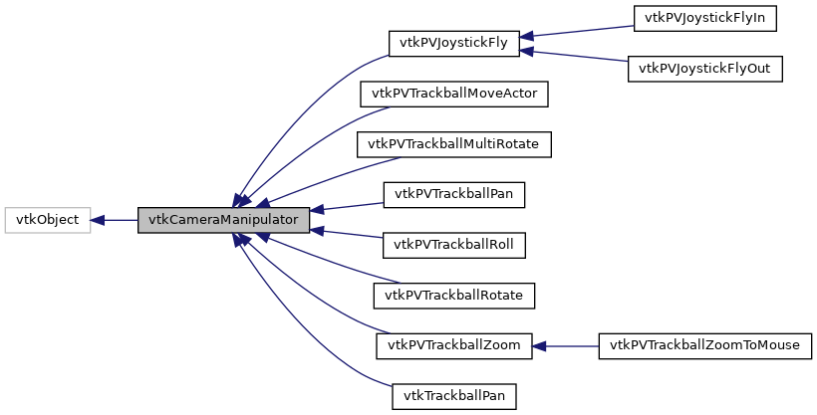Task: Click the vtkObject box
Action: [x=48, y=220]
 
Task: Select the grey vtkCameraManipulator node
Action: [x=223, y=220]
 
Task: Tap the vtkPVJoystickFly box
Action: [x=454, y=44]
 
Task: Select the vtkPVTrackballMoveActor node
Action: [x=454, y=94]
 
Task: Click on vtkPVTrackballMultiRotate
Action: [x=454, y=144]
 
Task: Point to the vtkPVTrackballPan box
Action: [x=454, y=194]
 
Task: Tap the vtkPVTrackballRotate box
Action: [x=454, y=296]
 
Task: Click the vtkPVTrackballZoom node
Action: [x=454, y=345]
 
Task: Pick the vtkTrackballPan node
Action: [x=454, y=396]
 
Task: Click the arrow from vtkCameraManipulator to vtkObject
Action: [x=115, y=220]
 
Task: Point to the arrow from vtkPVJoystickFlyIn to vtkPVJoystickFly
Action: [x=578, y=32]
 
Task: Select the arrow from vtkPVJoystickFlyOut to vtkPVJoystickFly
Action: [x=578, y=56]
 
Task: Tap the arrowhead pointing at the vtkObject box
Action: [x=99, y=220]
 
